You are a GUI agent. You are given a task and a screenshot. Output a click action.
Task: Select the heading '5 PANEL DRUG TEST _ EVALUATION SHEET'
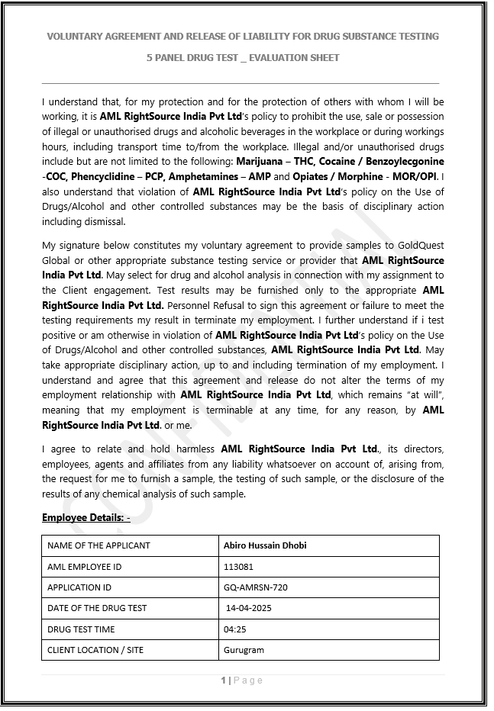pyautogui.click(x=243, y=57)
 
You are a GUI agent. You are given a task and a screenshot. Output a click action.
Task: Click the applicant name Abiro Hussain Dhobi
pyautogui.click(x=265, y=545)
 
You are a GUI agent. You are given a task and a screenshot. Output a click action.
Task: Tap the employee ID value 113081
pyautogui.click(x=238, y=567)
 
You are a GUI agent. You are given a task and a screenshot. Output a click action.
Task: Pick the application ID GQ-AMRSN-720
pyautogui.click(x=255, y=587)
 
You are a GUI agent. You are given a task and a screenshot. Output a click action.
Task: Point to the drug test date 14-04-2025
pyautogui.click(x=249, y=608)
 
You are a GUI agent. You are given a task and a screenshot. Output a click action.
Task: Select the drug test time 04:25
pyautogui.click(x=234, y=629)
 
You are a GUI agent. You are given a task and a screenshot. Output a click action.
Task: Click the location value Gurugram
pyautogui.click(x=244, y=650)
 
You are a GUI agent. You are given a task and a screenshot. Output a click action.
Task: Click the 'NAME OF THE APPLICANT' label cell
pyautogui.click(x=98, y=545)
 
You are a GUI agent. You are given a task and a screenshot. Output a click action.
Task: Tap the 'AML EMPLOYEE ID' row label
pyautogui.click(x=84, y=567)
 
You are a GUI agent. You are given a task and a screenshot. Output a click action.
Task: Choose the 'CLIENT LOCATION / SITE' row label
pyautogui.click(x=95, y=650)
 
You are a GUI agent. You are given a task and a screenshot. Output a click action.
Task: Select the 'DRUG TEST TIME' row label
pyautogui.click(x=81, y=629)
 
